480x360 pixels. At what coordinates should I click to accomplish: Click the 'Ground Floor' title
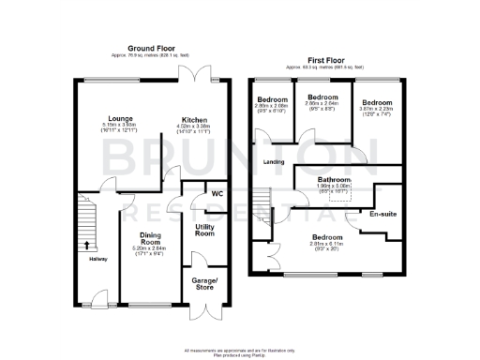coord(152,48)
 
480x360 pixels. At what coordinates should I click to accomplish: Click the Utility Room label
coord(205,231)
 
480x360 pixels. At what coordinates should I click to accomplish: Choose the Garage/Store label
coord(204,284)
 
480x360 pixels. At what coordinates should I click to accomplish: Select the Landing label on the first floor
coord(275,161)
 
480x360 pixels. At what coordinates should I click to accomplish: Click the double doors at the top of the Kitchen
coord(201,75)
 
